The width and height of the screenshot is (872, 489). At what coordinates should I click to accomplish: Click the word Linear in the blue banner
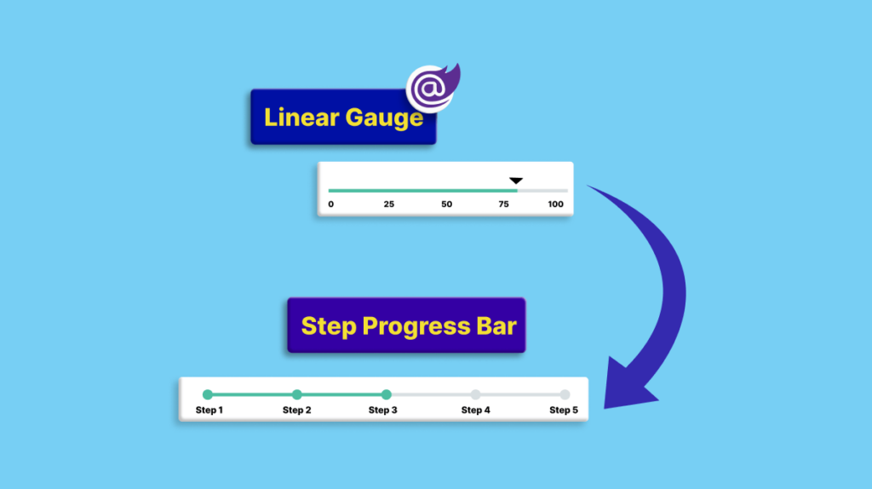[301, 117]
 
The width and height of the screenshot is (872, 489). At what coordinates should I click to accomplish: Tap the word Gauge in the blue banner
[384, 118]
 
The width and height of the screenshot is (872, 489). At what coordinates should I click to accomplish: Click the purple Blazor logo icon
[433, 88]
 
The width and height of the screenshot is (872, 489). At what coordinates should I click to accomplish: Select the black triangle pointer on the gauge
[516, 181]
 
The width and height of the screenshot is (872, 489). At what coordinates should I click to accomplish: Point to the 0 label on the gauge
[331, 204]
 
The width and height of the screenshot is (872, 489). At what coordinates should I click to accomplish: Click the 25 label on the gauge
[388, 204]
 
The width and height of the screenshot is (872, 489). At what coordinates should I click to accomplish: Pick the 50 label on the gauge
[446, 204]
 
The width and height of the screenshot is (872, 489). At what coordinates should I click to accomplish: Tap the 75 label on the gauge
[503, 204]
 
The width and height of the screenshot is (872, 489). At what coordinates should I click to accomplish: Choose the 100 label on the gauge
[555, 204]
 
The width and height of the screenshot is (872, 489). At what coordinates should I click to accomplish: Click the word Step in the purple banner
[328, 326]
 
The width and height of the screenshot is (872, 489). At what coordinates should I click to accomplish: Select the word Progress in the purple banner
[416, 327]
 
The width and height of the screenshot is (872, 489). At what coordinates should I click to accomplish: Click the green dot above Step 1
[208, 394]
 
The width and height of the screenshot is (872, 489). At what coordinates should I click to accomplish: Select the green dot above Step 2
[297, 394]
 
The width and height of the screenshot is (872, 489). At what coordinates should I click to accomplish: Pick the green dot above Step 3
[386, 394]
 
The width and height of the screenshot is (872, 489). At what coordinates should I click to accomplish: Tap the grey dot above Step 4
[475, 394]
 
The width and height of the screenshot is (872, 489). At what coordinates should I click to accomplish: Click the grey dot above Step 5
[565, 394]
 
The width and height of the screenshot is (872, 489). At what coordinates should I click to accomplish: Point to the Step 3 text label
[382, 410]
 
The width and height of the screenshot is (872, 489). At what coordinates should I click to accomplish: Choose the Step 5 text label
[564, 410]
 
